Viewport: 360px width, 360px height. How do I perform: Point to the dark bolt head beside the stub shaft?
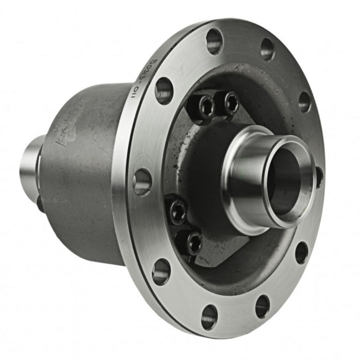coord(40,205)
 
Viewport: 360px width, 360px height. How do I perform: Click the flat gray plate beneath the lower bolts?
coord(216,252)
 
